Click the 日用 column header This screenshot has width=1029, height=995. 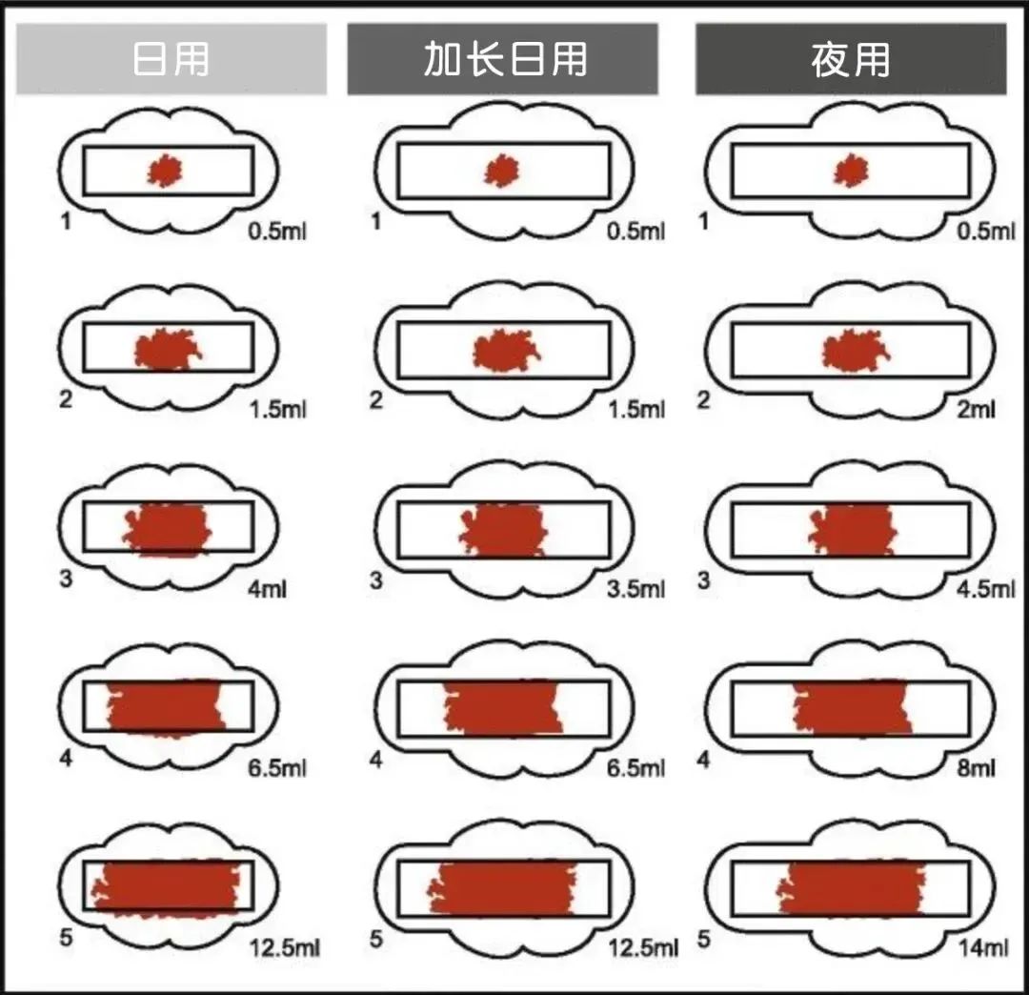click(171, 59)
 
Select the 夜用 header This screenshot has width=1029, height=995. click(851, 59)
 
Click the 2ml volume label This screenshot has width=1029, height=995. click(976, 410)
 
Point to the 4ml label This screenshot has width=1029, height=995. click(267, 589)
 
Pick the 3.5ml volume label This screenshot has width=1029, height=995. click(636, 589)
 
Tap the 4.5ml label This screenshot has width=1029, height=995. click(986, 589)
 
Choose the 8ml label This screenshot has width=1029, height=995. click(976, 767)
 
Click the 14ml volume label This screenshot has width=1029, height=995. click(983, 947)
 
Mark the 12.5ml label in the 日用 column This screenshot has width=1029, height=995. click(284, 947)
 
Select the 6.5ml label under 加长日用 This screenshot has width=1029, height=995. click(636, 767)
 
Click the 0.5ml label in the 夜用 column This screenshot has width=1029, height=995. click(986, 231)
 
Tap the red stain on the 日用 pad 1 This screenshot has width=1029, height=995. click(165, 171)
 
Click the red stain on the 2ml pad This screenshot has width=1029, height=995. click(855, 351)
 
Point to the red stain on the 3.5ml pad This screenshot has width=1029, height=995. click(504, 530)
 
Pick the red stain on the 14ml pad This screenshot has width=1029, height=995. click(851, 888)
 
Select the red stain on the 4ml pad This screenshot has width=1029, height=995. click(168, 530)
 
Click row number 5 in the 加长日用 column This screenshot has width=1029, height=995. click(376, 939)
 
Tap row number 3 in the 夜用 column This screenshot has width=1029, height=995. click(703, 580)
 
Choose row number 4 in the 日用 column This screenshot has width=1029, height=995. click(66, 759)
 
